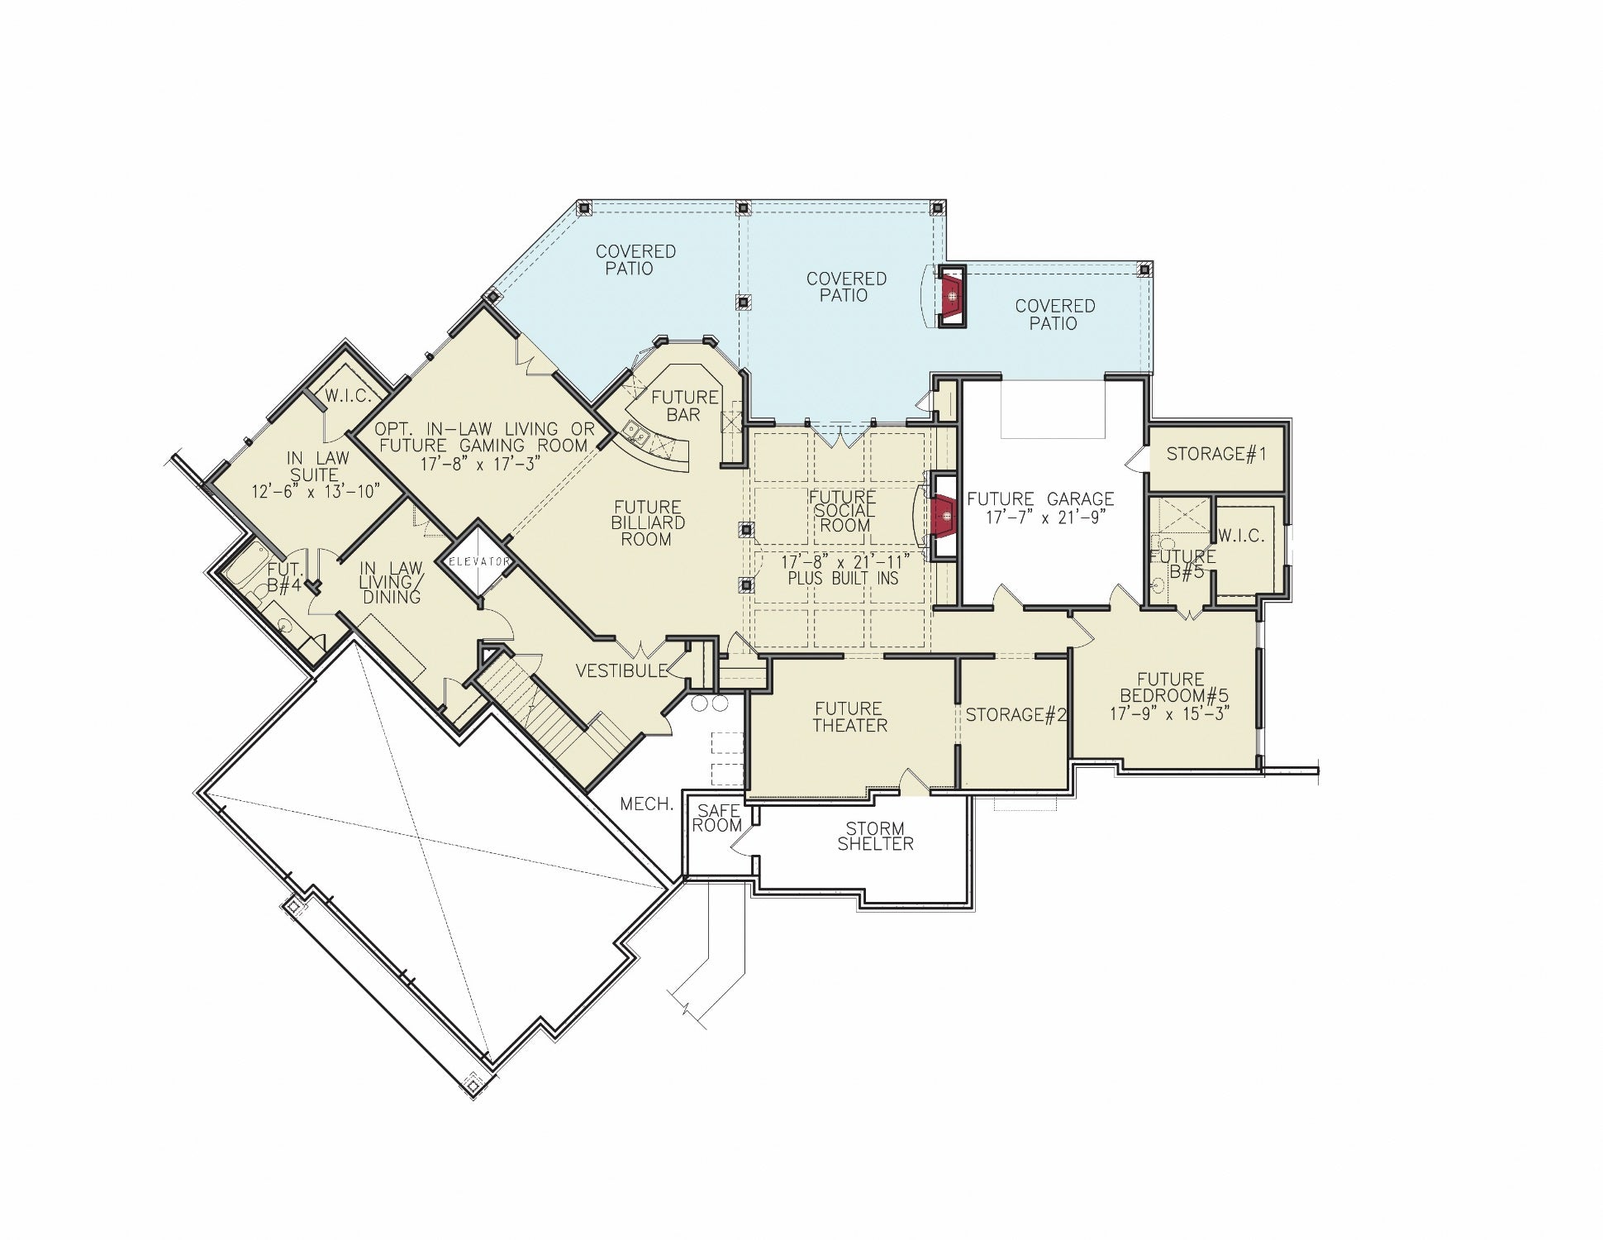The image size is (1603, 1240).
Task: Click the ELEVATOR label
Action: pyautogui.click(x=479, y=562)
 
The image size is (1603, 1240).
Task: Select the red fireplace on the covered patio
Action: pyautogui.click(x=952, y=296)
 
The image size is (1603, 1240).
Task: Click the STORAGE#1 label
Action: pyautogui.click(x=1216, y=454)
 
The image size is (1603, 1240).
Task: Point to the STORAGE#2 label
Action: pyautogui.click(x=1016, y=715)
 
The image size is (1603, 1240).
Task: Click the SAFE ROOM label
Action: pyautogui.click(x=716, y=818)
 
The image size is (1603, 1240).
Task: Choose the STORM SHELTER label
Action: pyautogui.click(x=875, y=836)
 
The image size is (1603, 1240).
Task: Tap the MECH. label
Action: pyautogui.click(x=647, y=804)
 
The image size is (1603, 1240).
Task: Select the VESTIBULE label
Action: pyautogui.click(x=621, y=671)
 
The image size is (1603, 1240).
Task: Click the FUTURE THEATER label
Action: pyautogui.click(x=849, y=717)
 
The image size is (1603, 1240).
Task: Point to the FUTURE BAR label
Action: pyautogui.click(x=684, y=406)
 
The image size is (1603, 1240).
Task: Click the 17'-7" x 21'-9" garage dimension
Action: pyautogui.click(x=1046, y=517)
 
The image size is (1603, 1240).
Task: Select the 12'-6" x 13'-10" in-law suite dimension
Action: pyautogui.click(x=316, y=492)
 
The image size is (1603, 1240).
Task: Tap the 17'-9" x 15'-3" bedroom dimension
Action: pyautogui.click(x=1170, y=713)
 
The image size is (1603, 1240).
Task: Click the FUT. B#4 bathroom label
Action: pyautogui.click(x=283, y=578)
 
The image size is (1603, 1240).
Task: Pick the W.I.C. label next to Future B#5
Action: pyautogui.click(x=1241, y=536)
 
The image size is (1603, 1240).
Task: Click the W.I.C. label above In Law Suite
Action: pyautogui.click(x=348, y=396)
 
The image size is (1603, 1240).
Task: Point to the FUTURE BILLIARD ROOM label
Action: pyautogui.click(x=648, y=522)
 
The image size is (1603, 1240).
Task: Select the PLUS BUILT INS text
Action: pyautogui.click(x=843, y=579)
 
